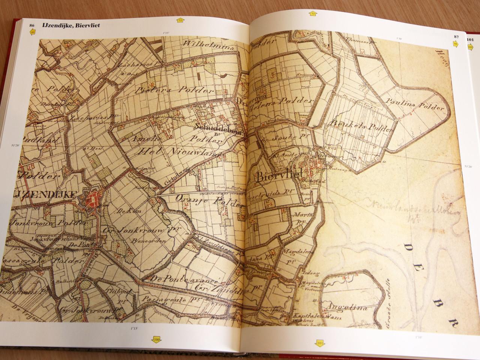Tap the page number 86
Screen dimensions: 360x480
pyautogui.click(x=32, y=25)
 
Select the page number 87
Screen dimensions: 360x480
pyautogui.click(x=456, y=37)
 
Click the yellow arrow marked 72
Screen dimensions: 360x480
pyautogui.click(x=180, y=20)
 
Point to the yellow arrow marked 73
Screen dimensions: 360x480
pyautogui.click(x=313, y=15)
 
